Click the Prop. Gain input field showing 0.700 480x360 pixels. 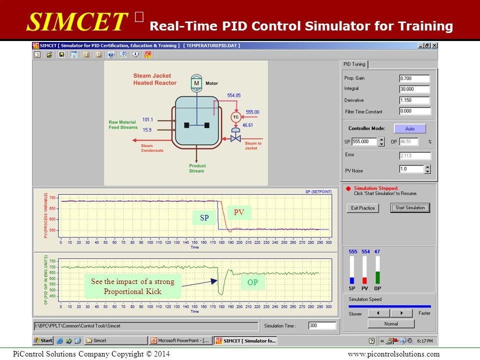tap(414, 78)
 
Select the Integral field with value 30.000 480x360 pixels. tap(414, 89)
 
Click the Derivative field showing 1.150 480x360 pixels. tap(414, 100)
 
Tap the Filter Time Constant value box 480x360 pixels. tap(414, 111)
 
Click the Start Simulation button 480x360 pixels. tap(409, 208)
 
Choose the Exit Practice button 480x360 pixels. tap(363, 208)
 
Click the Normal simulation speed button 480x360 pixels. tap(390, 323)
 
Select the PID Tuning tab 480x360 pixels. tap(354, 64)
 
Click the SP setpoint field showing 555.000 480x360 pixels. tap(364, 141)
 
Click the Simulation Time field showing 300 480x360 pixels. tap(321, 325)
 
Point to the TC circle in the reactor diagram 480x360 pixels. tap(235, 116)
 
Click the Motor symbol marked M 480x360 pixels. tap(196, 83)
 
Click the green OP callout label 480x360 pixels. tap(253, 282)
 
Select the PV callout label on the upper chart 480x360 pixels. tap(239, 212)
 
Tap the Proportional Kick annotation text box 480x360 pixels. tap(132, 286)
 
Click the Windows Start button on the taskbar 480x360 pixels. tap(43, 340)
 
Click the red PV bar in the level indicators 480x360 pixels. tap(365, 280)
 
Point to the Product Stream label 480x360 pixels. tap(197, 168)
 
